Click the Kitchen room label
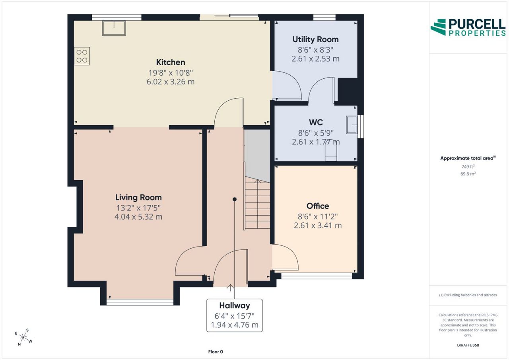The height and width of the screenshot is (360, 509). tap(171, 62)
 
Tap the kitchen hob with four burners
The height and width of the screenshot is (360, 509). tap(82, 56)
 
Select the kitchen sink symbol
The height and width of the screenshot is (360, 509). tap(114, 28)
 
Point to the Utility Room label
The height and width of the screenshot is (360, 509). tap(315, 39)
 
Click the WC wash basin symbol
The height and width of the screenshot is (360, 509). tap(352, 125)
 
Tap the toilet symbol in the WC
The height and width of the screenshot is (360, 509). tap(330, 151)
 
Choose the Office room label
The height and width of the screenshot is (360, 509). tap(318, 206)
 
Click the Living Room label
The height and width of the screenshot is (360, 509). tap(138, 197)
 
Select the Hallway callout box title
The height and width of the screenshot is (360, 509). tap(235, 306)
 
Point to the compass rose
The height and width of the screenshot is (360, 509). tap(23, 337)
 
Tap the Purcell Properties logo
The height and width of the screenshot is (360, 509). tap(468, 27)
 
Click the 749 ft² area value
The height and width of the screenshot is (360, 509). tap(468, 167)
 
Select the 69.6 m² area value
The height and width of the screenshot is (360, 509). tap(468, 174)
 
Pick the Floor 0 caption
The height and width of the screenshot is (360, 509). tap(216, 352)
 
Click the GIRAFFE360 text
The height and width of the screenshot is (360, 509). tap(468, 345)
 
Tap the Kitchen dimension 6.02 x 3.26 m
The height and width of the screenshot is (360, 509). tap(171, 82)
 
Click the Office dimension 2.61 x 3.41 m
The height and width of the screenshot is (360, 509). tap(318, 226)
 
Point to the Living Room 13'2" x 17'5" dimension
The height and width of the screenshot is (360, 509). tap(138, 208)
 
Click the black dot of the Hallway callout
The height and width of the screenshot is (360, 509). tap(235, 199)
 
